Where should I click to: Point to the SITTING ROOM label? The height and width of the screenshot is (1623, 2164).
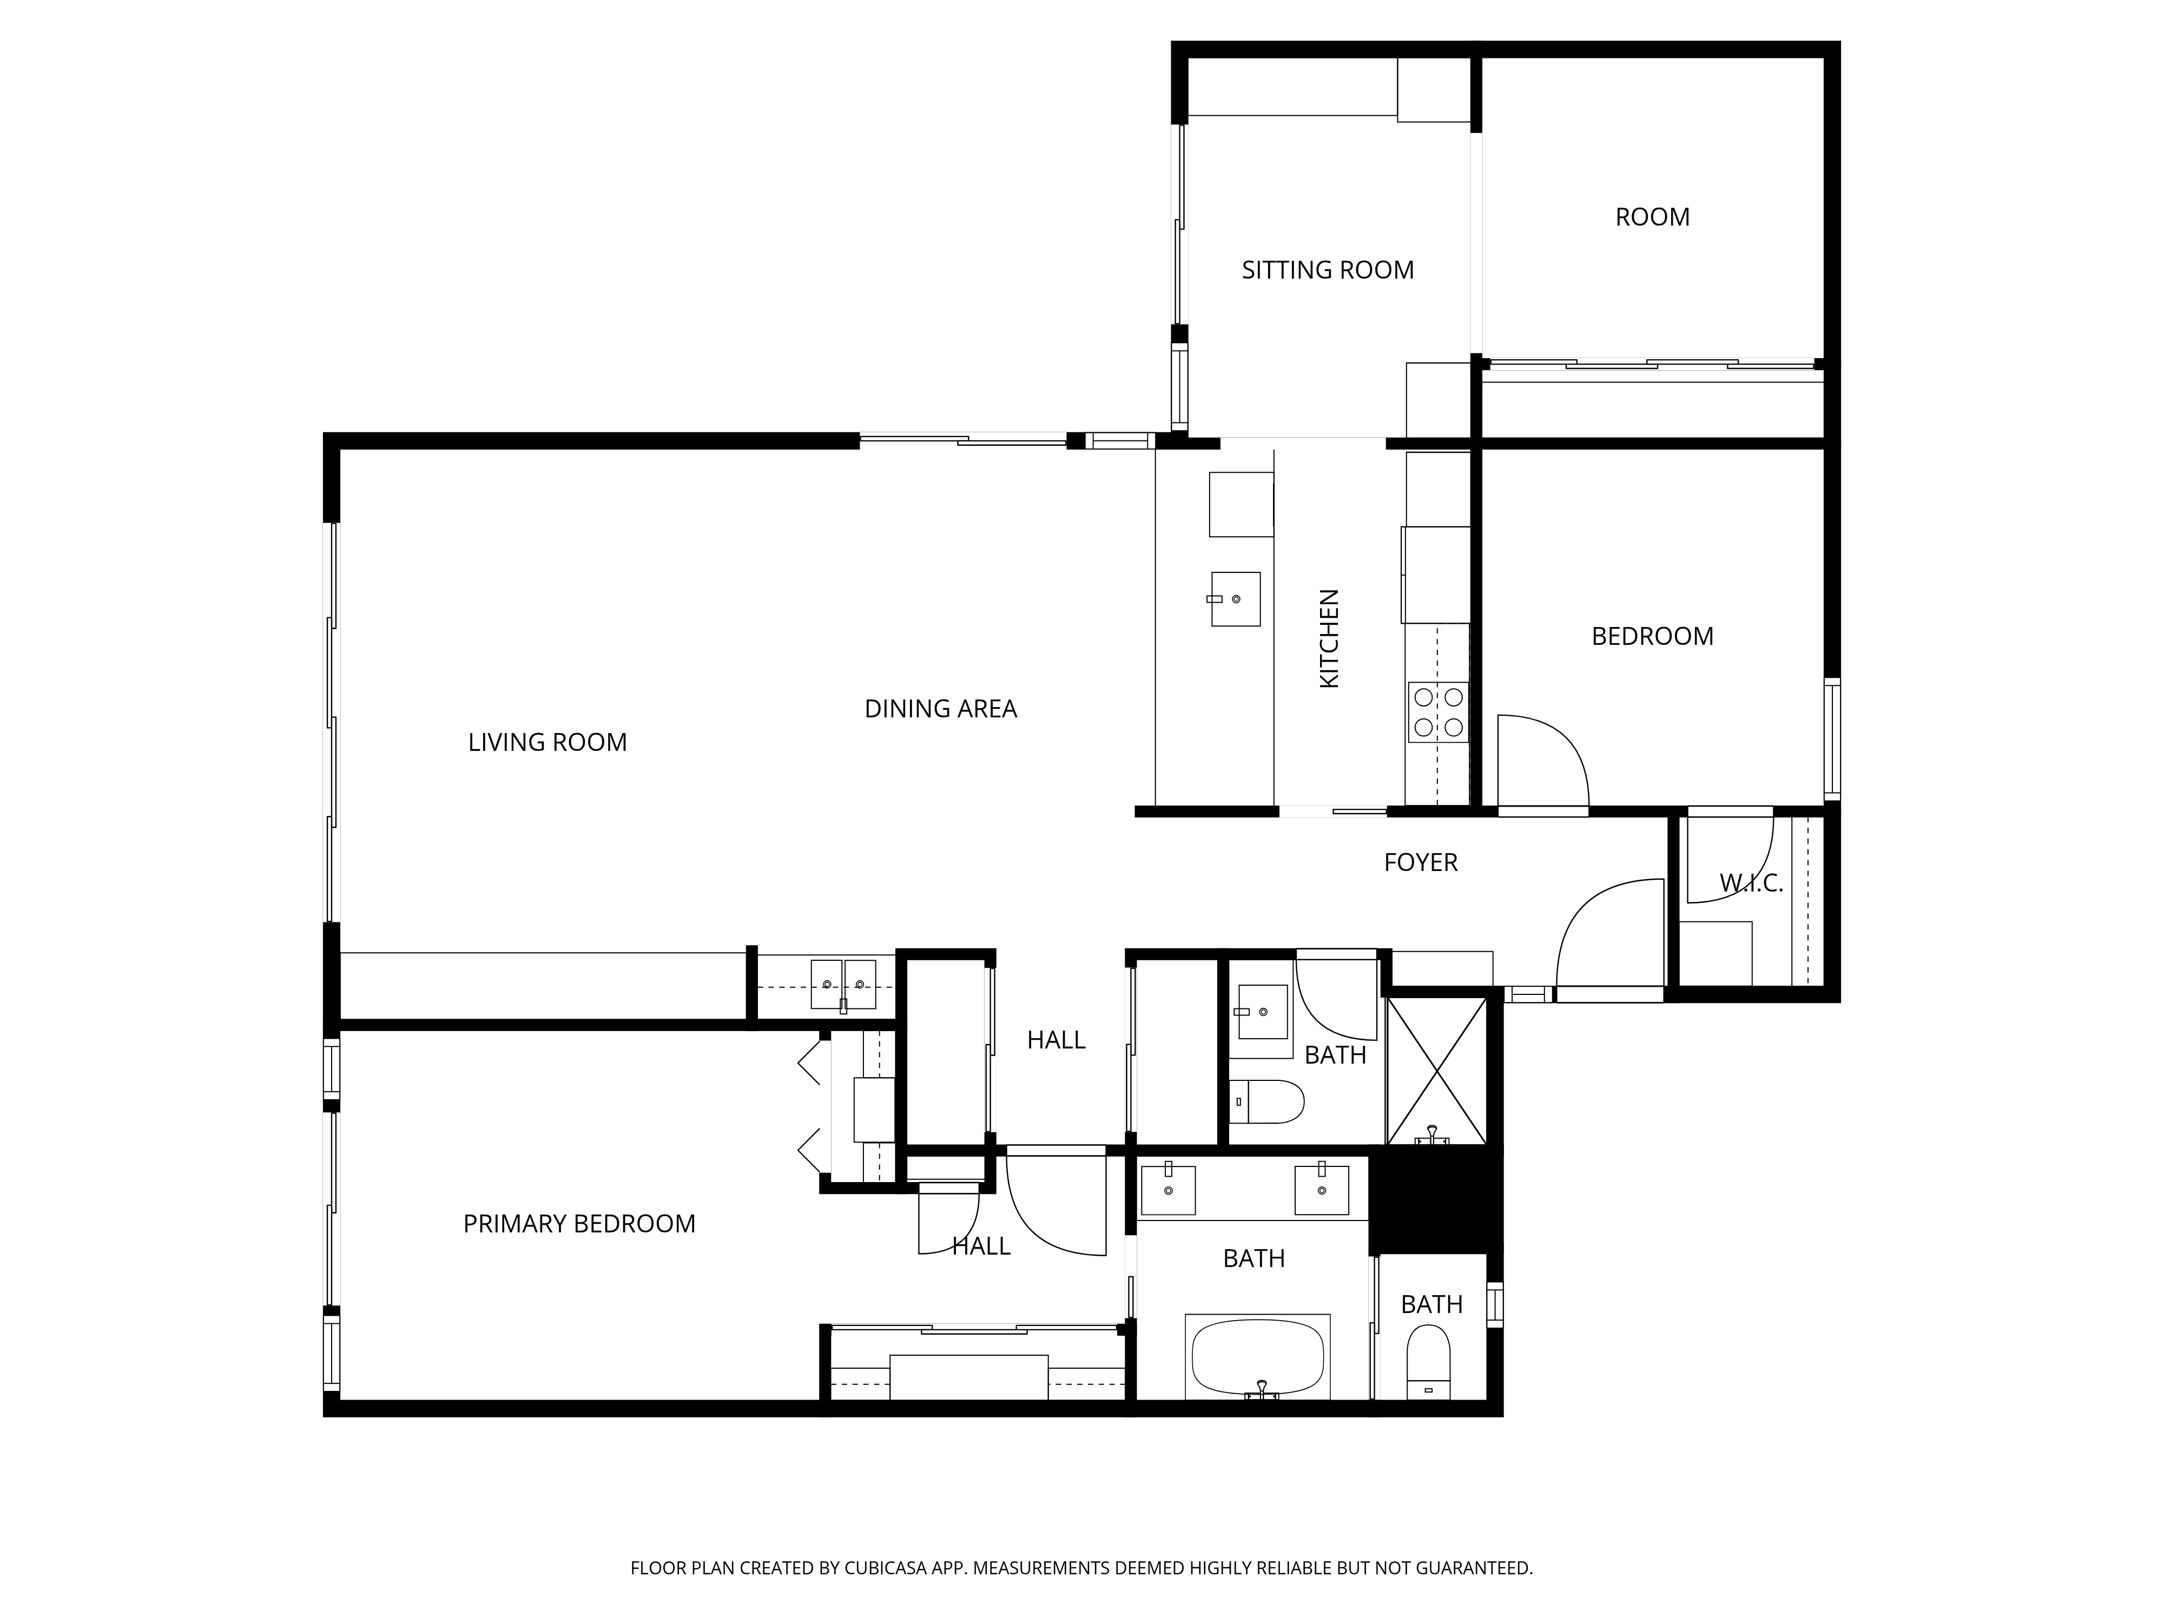(x=1328, y=270)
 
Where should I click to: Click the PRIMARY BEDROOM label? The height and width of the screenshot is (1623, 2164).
(x=579, y=1224)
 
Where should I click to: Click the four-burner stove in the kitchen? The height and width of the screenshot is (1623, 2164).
(x=1438, y=712)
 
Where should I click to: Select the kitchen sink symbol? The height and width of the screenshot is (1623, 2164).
(x=1235, y=599)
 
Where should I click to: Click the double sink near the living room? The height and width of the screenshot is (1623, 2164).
(x=842, y=984)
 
